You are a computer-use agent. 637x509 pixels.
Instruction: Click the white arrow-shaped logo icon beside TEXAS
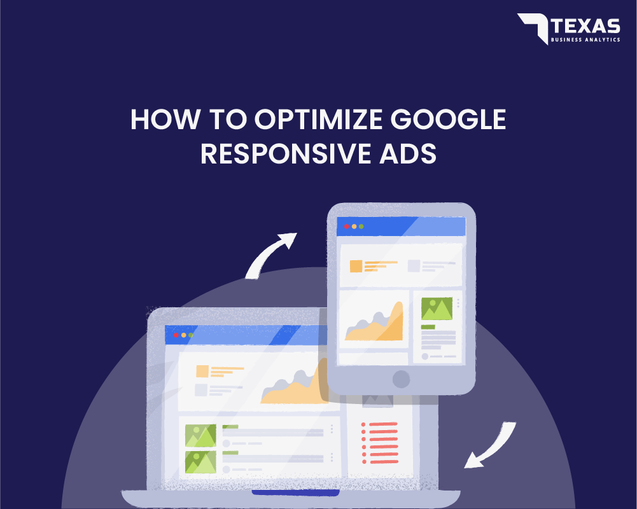[x=532, y=27]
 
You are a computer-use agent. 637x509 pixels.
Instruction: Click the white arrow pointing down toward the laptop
[x=491, y=446]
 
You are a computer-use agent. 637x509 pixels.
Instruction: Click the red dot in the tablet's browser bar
[x=347, y=227]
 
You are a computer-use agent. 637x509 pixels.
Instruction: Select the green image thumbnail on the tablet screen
[x=437, y=309]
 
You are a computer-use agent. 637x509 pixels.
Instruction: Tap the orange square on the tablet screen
[x=356, y=266]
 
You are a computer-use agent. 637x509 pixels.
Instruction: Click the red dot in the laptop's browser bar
[x=176, y=335]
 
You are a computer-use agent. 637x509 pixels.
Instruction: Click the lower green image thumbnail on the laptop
[x=200, y=462]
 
